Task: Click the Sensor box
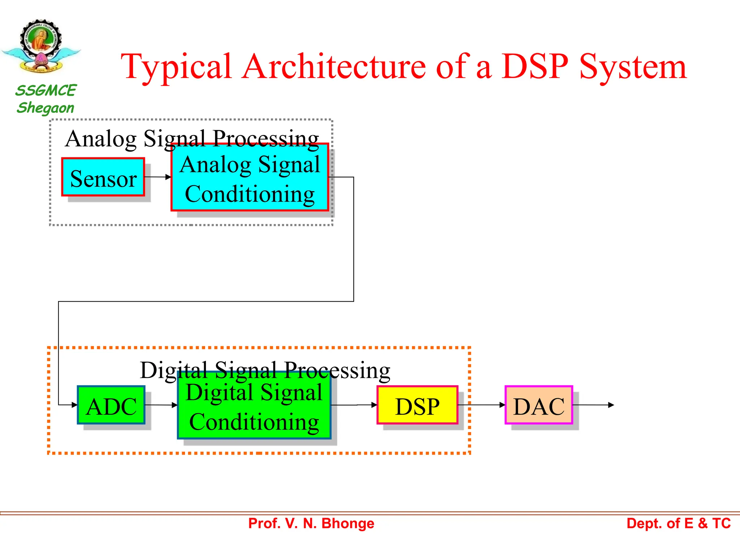pos(103,177)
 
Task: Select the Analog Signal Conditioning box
pos(249,177)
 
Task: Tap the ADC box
pos(111,405)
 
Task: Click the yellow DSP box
pos(417,405)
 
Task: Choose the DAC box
pos(539,405)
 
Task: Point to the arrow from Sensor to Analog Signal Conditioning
pos(158,177)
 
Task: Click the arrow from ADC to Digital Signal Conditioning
pos(161,405)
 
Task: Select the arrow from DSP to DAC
pos(481,405)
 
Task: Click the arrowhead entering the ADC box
pos(74,405)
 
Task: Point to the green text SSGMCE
pos(46,90)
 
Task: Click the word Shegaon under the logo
pos(46,108)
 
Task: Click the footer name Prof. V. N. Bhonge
pos(311,523)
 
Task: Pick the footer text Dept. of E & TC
pos(678,523)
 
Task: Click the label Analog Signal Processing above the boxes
pos(192,138)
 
